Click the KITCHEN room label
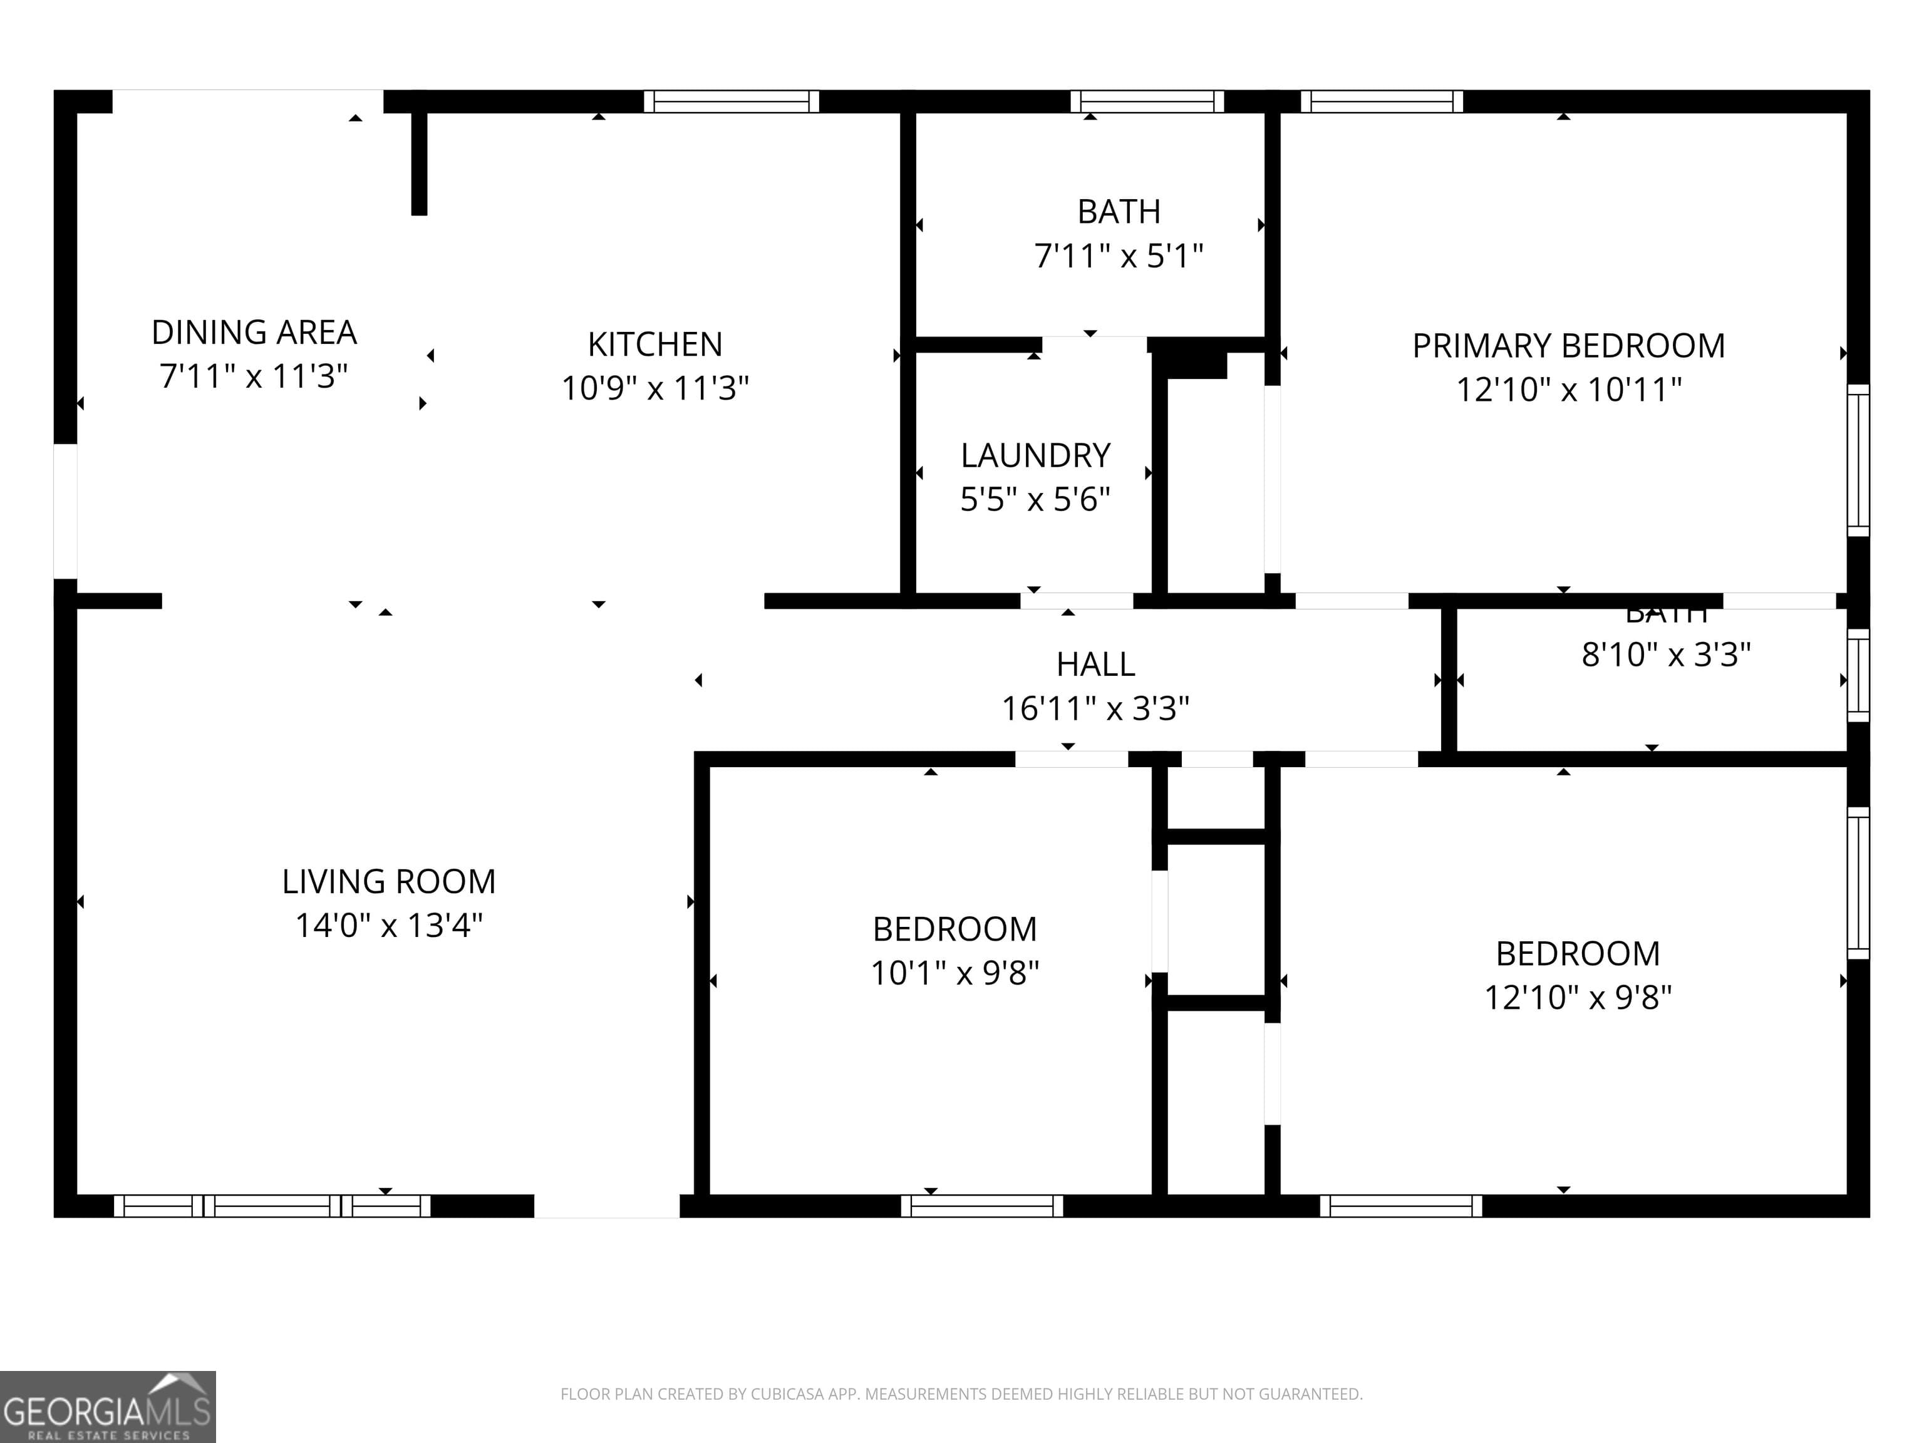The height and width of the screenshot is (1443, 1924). tap(655, 344)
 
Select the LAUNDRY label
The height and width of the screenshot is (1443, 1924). tap(1035, 456)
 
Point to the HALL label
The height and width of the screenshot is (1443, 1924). tap(1095, 665)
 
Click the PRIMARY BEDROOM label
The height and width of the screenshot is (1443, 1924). tap(1568, 346)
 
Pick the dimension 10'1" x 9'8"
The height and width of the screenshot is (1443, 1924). tap(955, 973)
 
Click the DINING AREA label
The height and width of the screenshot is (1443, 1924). tap(254, 333)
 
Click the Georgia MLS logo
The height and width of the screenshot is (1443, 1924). tap(107, 1407)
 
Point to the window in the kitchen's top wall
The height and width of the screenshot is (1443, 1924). tap(732, 101)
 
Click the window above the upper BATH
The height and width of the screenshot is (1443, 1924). tap(1146, 101)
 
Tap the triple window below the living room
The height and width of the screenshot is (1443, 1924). tap(272, 1206)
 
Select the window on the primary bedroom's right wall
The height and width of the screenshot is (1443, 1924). tap(1858, 460)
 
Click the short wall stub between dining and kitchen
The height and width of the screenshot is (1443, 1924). tap(419, 163)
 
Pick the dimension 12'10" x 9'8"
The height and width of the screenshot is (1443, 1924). tap(1578, 997)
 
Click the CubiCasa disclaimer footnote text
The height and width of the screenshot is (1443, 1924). tap(961, 1394)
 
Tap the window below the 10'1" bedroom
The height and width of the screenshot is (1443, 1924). tap(982, 1206)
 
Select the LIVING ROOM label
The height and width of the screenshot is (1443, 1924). tap(389, 881)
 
